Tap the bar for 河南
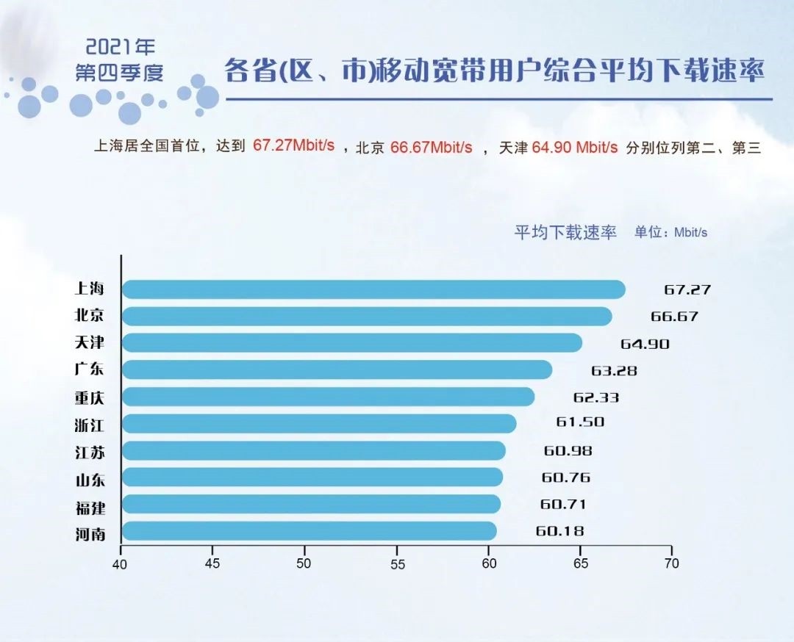click(309, 531)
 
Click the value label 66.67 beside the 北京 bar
click(674, 317)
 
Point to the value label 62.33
click(596, 397)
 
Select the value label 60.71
click(563, 505)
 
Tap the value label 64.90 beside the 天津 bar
click(645, 344)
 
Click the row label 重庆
click(90, 397)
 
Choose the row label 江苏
click(90, 451)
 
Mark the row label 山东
click(90, 478)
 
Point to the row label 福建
click(90, 505)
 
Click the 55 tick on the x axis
click(396, 564)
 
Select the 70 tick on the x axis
click(671, 564)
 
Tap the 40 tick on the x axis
click(121, 564)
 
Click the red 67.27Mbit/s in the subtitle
click(294, 145)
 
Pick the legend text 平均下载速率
click(565, 233)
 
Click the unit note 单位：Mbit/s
click(670, 233)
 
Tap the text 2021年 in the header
click(121, 48)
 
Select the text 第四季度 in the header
click(120, 73)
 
